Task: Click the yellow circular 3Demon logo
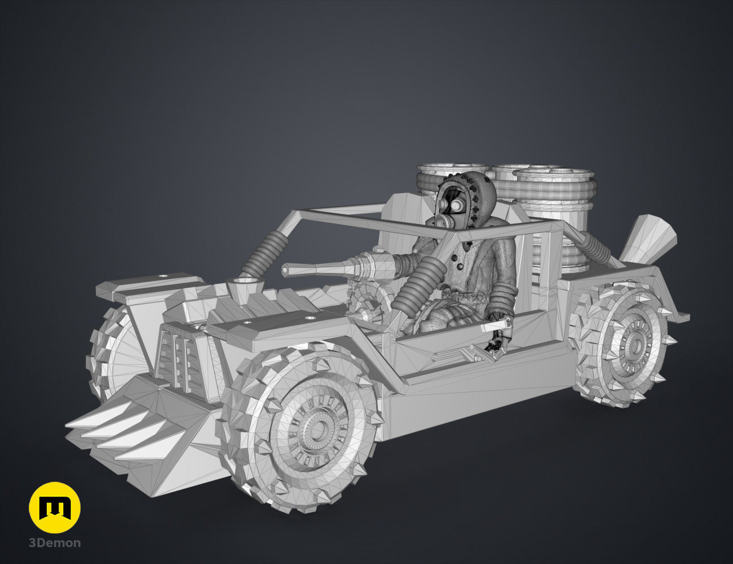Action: point(55,508)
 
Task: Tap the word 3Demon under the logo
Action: point(55,543)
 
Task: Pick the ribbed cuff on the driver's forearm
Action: point(502,293)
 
